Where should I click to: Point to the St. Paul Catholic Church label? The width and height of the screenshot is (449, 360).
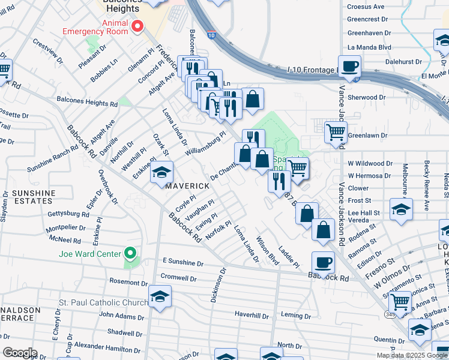(103, 302)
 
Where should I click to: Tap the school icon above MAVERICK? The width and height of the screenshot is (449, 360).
(161, 172)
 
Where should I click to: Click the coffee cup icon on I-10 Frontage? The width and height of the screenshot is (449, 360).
(349, 66)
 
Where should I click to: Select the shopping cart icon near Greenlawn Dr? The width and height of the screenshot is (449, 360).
(336, 132)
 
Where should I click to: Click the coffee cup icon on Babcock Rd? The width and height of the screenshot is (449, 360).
(323, 262)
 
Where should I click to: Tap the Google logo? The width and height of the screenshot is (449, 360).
(20, 353)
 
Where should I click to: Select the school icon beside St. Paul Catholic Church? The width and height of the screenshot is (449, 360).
(160, 296)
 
